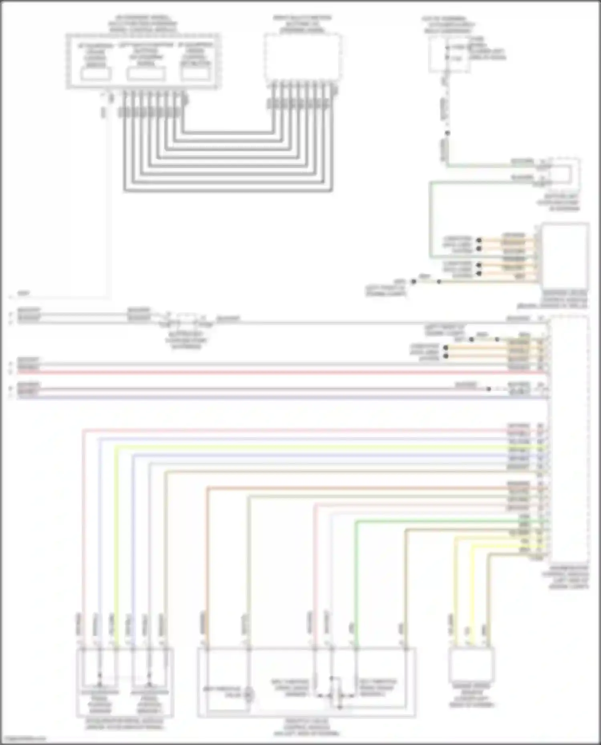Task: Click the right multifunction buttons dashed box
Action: [303, 58]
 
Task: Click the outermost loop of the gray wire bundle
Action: [228, 191]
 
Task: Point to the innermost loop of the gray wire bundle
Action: [228, 132]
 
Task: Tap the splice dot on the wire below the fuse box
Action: [447, 133]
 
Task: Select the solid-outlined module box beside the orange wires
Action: [565, 256]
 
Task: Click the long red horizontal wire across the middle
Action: [280, 372]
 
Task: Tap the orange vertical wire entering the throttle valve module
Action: [208, 560]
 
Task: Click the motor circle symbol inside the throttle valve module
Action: [249, 695]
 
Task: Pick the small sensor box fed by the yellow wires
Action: [471, 665]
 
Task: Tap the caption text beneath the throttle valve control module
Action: [307, 727]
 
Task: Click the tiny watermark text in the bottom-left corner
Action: [23, 739]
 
